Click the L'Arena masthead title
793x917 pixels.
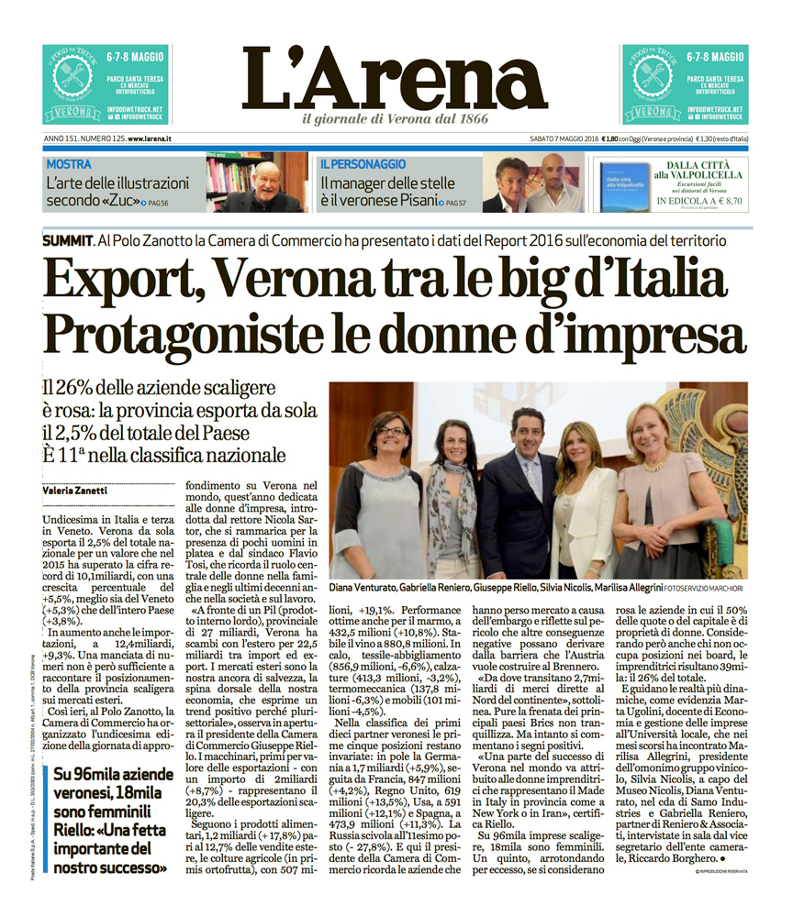pyautogui.click(x=396, y=77)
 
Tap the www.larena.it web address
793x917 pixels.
pyautogui.click(x=151, y=138)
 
